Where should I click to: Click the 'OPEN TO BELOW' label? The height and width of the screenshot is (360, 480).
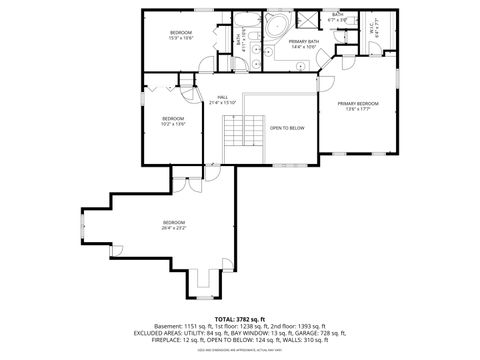click(x=287, y=128)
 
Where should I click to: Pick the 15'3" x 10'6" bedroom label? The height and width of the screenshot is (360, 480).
click(x=181, y=36)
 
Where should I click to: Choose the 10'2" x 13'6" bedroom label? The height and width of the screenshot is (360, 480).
click(x=174, y=122)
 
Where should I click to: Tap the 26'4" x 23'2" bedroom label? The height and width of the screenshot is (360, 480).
click(x=174, y=224)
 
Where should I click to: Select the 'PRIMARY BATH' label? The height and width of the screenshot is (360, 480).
click(x=303, y=44)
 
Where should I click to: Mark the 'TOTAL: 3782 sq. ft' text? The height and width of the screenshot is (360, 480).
click(x=241, y=318)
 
